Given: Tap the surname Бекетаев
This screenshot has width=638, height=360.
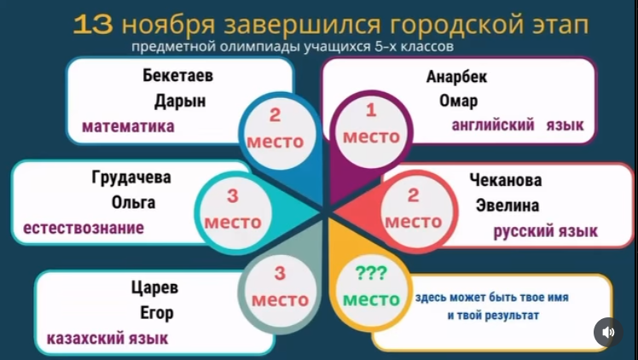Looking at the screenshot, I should click(x=177, y=76).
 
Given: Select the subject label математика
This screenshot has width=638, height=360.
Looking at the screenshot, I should click(x=128, y=126).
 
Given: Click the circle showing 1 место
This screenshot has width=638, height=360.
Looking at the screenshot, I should click(x=370, y=125).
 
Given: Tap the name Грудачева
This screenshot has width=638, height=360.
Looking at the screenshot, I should click(x=130, y=178).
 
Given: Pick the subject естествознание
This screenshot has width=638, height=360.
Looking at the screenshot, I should click(x=83, y=228).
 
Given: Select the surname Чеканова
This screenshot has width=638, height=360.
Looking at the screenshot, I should click(x=505, y=180).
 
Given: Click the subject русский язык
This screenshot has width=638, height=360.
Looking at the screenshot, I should click(x=546, y=230).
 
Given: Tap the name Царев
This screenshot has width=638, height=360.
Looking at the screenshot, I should click(x=154, y=287).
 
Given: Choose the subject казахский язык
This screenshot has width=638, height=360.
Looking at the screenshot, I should click(x=107, y=338).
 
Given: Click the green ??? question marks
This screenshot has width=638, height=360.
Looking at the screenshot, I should click(x=371, y=275).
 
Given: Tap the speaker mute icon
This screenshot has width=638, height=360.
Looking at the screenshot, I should click(x=607, y=332).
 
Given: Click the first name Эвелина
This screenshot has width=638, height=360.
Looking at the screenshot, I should click(x=507, y=205).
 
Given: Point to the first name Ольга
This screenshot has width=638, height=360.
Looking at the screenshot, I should click(x=133, y=203).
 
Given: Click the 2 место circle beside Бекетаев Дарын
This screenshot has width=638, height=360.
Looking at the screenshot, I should click(x=275, y=130).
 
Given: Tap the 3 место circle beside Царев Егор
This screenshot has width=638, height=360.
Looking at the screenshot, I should click(x=280, y=288).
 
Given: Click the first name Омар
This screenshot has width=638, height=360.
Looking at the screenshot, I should click(x=457, y=101).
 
